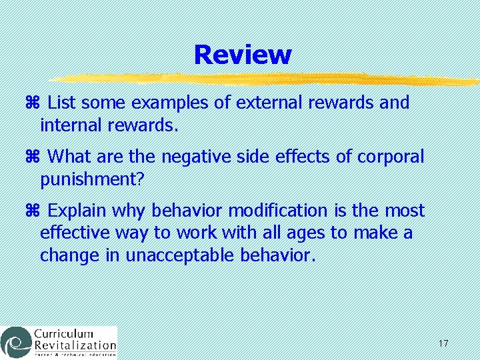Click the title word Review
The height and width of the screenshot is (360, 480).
coord(243,55)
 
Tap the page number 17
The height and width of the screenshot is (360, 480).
coord(443,343)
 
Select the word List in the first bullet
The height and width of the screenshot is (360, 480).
coord(62,103)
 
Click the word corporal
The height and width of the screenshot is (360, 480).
coord(391,157)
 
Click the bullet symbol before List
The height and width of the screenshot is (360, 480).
coord(35,103)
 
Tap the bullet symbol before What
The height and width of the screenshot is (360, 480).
coord(35,157)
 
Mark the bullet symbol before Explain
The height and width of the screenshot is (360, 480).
coord(35,211)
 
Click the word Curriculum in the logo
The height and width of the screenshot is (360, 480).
coord(64,334)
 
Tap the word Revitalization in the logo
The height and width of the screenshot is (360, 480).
coord(75,346)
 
